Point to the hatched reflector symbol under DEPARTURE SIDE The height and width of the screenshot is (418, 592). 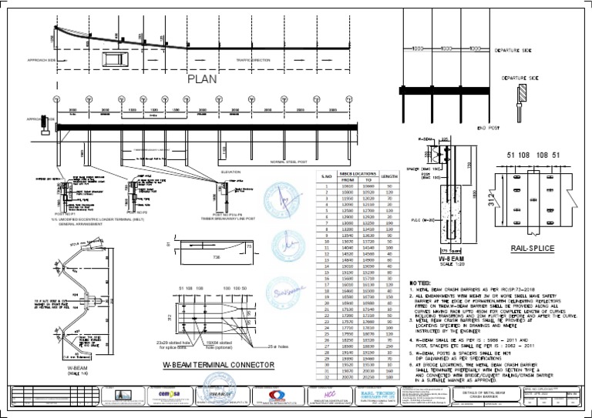[x=521, y=93]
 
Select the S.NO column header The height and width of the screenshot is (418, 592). [x=325, y=176]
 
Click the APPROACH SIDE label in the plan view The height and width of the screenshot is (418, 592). [x=42, y=59]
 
